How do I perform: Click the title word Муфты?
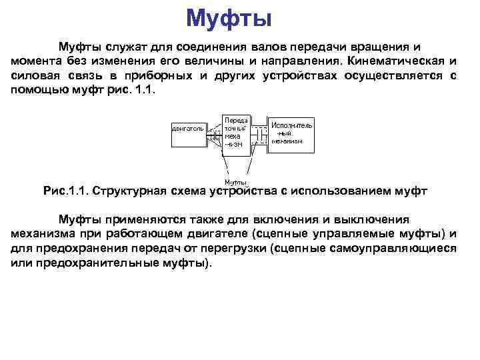[x=229, y=18]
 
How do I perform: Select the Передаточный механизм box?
[x=237, y=131]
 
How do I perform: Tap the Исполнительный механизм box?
[x=291, y=133]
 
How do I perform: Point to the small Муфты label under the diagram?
[x=235, y=183]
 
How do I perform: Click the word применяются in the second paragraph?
[x=141, y=219]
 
